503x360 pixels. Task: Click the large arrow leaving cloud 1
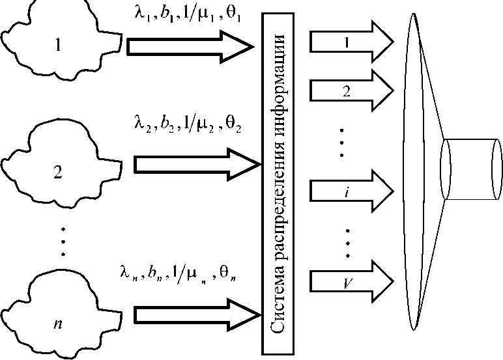[189, 46]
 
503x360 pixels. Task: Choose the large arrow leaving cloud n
[189, 314]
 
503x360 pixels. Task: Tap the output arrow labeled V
[349, 282]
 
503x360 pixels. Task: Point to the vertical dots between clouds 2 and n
[63, 241]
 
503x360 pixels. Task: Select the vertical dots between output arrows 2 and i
[345, 141]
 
